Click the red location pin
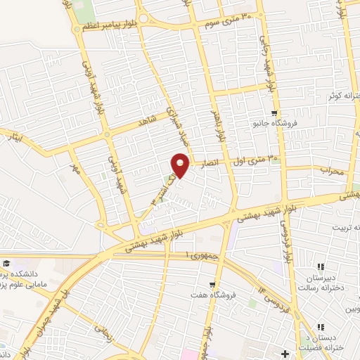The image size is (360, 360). coord(181,165)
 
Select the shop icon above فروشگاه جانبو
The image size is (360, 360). coord(274,113)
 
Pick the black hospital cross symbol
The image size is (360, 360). coord(285,352)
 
